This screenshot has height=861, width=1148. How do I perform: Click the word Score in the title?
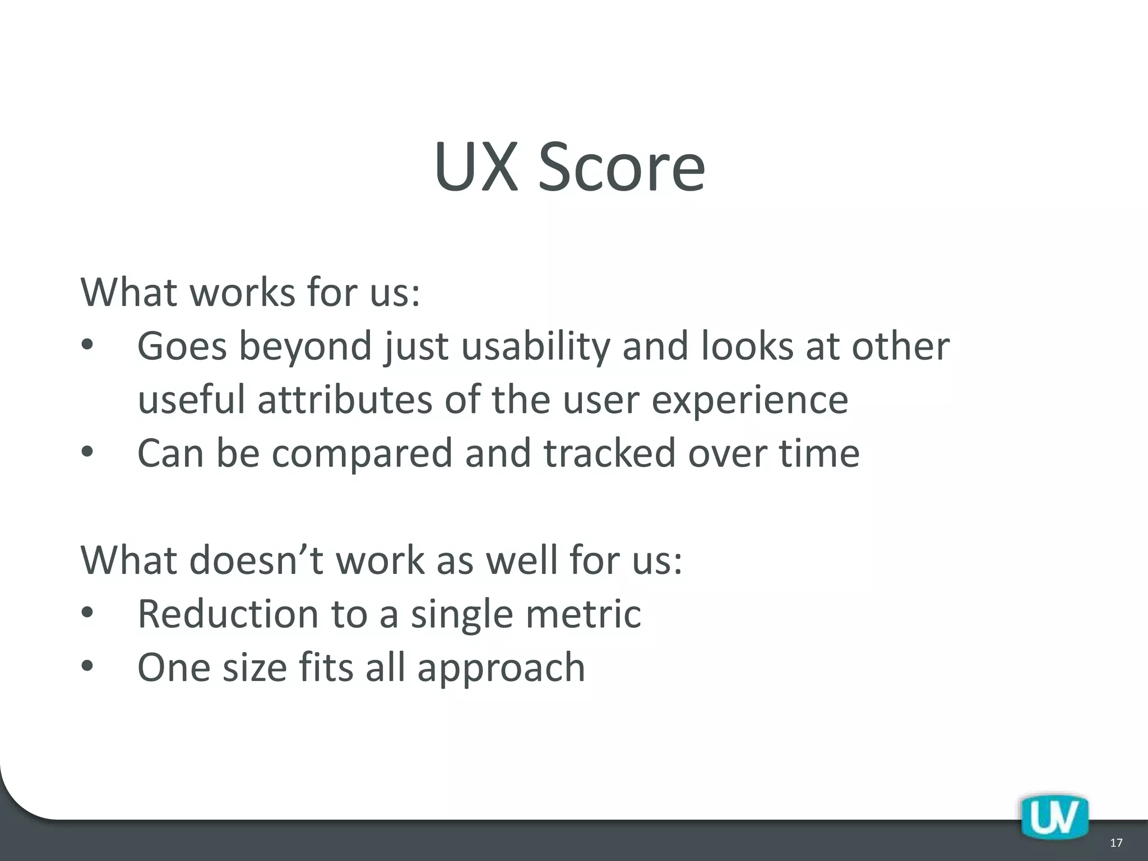click(621, 167)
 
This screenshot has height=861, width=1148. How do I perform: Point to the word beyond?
click(306, 346)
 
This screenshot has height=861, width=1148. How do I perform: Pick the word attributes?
click(345, 400)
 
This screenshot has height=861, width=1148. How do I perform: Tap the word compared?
click(362, 453)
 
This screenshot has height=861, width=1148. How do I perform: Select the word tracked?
click(609, 453)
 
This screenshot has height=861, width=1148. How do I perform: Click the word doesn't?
click(256, 560)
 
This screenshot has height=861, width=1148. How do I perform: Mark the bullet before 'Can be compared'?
click(88, 452)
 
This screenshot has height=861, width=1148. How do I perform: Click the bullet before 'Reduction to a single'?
click(88, 614)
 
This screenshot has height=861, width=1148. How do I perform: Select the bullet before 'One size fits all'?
click(88, 667)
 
